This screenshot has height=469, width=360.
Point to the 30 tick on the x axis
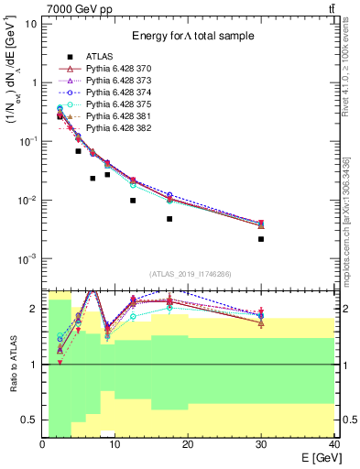[261, 445]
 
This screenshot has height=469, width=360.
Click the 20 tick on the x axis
[188, 445]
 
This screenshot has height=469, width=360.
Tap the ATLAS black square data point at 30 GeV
[261, 239]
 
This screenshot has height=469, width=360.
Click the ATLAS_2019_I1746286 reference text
[190, 274]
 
